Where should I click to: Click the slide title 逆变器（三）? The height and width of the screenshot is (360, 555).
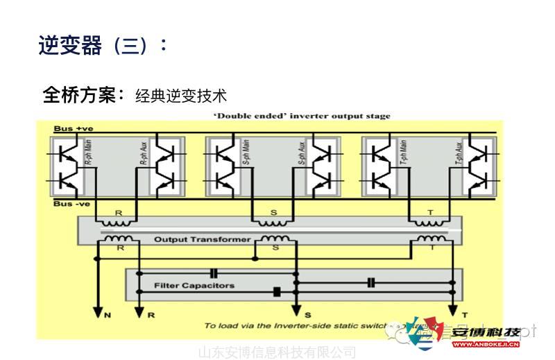coord(103,46)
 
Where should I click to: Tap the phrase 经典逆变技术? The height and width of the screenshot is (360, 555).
coord(181,96)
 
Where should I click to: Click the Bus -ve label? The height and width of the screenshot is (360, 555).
coord(72,204)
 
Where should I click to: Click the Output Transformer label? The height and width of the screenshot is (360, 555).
coord(202,239)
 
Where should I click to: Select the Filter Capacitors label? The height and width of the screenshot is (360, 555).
coord(194,285)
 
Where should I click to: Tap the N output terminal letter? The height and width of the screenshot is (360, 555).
coord(108,315)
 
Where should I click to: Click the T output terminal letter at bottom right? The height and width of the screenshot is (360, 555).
coord(465,315)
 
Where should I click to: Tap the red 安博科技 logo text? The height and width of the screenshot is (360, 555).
coord(485,331)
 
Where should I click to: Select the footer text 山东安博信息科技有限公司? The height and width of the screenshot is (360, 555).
coord(277,352)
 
